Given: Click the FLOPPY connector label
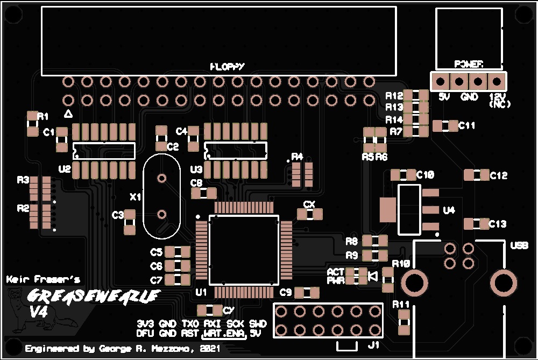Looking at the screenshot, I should [227, 66].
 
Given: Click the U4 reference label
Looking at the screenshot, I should [449, 210].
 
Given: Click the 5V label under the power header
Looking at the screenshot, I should [444, 97].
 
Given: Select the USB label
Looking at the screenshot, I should [519, 245].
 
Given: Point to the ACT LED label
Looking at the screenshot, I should [335, 272].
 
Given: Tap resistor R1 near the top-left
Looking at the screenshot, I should [33, 124].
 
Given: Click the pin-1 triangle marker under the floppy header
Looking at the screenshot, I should [68, 114].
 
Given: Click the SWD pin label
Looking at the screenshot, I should [258, 324].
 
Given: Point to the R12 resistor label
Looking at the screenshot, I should [394, 96].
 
